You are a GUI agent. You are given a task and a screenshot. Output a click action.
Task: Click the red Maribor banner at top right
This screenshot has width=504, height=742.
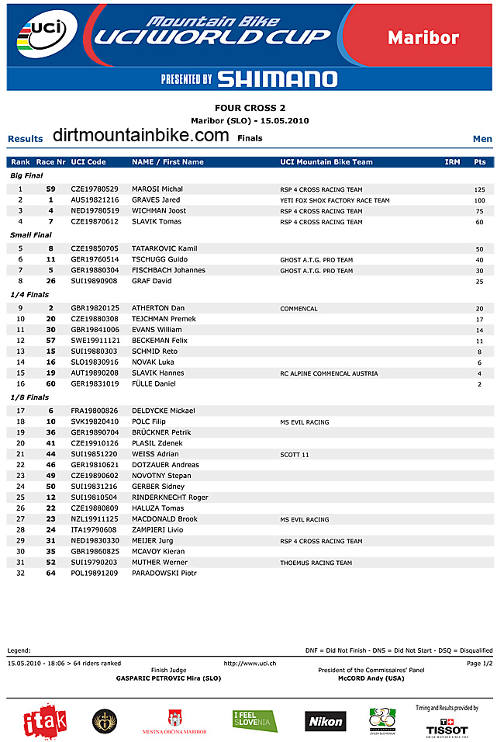click(x=423, y=37)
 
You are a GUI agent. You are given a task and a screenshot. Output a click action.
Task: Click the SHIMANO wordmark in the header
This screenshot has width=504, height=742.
click(x=277, y=78)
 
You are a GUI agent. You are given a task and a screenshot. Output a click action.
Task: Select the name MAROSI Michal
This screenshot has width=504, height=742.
click(x=157, y=189)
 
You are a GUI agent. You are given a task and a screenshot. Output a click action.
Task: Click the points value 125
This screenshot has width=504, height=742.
click(x=479, y=189)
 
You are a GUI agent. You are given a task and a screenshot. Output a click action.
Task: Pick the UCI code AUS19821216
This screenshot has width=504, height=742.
click(x=95, y=200)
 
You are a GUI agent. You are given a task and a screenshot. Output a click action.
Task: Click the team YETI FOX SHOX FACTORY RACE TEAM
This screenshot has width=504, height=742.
click(x=335, y=200)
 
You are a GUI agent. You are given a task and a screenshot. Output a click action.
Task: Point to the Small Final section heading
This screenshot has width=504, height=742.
click(x=31, y=234)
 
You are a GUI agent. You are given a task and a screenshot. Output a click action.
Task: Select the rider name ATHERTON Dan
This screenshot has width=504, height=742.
click(x=158, y=308)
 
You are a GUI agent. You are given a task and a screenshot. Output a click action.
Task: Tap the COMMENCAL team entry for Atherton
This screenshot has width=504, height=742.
click(x=299, y=309)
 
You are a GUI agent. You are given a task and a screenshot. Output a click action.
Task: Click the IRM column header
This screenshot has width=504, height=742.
click(x=452, y=162)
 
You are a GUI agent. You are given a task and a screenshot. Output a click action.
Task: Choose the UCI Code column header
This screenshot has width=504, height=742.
click(x=88, y=162)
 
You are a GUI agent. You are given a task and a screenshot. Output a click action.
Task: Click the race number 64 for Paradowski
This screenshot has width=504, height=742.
click(x=50, y=573)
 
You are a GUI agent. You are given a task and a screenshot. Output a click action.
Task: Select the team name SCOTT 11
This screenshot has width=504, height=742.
click(x=295, y=455)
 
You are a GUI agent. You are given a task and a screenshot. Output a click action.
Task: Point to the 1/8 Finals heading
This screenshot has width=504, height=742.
click(x=29, y=397)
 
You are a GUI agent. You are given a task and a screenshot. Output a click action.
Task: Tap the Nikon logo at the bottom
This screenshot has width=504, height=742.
click(x=325, y=721)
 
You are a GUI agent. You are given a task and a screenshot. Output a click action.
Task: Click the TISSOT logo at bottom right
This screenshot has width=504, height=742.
click(x=447, y=729)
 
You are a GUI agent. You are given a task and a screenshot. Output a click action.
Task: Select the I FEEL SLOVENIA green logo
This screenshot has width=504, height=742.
click(x=254, y=721)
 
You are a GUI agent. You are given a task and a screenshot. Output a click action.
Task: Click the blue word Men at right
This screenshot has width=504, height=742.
click(x=482, y=139)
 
